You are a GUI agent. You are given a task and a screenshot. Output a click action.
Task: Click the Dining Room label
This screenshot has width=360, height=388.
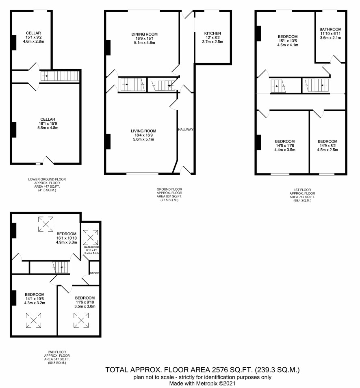pyautogui.click(x=145, y=35)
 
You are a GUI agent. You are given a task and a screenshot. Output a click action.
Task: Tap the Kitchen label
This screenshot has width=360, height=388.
pyautogui.click(x=213, y=33)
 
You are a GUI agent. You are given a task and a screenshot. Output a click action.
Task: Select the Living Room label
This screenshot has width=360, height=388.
pyautogui.click(x=143, y=131)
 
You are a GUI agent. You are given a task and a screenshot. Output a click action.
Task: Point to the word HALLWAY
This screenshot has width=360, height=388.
pyautogui.click(x=186, y=130)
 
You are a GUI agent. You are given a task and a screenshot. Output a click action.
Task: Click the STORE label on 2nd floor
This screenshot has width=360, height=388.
pyautogui.click(x=94, y=273)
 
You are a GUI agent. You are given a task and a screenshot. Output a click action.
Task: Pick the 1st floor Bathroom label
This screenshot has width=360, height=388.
pyautogui.click(x=330, y=29)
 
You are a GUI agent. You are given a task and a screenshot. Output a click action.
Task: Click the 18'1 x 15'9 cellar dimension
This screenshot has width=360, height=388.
pyautogui.click(x=48, y=124)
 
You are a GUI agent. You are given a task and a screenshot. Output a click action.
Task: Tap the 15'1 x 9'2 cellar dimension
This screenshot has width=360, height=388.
pyautogui.click(x=33, y=37)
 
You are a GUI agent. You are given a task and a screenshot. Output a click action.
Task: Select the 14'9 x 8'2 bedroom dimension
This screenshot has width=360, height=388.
pyautogui.click(x=327, y=145)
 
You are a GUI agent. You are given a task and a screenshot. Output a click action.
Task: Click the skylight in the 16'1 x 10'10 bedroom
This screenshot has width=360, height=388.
pyautogui.click(x=46, y=224)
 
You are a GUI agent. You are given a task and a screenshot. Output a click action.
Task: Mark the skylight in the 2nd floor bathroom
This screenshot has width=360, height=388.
pyautogui.click(x=90, y=238)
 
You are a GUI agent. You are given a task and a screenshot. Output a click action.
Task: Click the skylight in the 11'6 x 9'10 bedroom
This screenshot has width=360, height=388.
pyautogui.click(x=81, y=321)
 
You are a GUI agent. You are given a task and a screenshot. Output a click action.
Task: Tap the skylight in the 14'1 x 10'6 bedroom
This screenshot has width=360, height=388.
pyautogui.click(x=33, y=321)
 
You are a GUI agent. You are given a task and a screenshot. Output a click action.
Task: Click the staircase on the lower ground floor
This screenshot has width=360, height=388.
pyautogui.click(x=60, y=76)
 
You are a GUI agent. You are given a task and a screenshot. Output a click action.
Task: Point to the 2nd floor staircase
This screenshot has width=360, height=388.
pyautogui.click(x=61, y=267)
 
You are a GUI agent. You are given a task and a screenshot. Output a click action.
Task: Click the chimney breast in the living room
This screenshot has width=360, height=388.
pyautogui.click(x=108, y=141)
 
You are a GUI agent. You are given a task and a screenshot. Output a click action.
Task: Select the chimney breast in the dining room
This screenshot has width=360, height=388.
pyautogui.click(x=108, y=48)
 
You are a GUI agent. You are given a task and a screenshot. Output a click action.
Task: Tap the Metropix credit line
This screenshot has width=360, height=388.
pyautogui.click(x=202, y=384)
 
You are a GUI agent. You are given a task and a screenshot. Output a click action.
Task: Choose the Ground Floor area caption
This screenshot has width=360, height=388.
pyautogui.click(x=169, y=195)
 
